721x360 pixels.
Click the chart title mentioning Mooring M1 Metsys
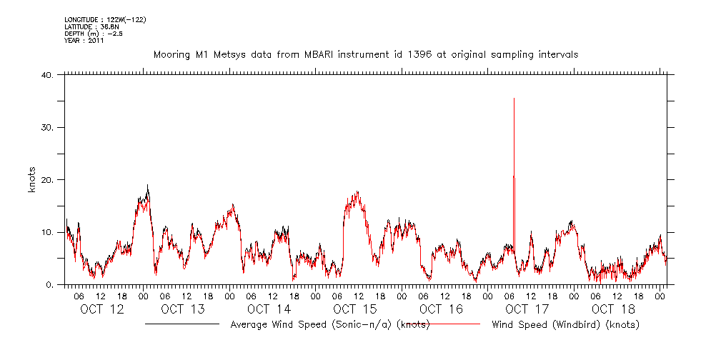[x=366, y=54]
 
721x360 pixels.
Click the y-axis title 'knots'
[x=32, y=179]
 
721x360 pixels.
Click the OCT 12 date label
[x=102, y=309]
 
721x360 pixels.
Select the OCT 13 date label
[x=184, y=309]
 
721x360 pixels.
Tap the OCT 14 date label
[x=269, y=309]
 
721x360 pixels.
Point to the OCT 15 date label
[x=355, y=309]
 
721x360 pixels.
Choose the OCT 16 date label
[x=441, y=309]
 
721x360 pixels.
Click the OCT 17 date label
[x=527, y=309]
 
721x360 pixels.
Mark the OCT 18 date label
[x=612, y=309]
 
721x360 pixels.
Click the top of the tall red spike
[x=514, y=99]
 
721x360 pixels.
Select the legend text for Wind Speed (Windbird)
[x=566, y=325]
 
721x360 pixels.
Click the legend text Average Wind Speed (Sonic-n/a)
[x=329, y=325]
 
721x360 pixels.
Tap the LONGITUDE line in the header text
[x=106, y=19]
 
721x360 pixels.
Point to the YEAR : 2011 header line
[x=84, y=41]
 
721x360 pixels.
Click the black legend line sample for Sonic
[x=182, y=324]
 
